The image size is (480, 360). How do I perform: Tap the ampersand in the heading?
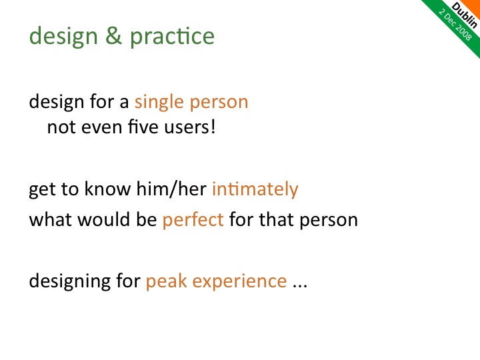(113, 35)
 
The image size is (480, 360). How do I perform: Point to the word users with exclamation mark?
(190, 127)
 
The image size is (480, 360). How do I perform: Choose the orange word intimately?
(255, 189)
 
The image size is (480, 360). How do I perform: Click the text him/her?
(171, 188)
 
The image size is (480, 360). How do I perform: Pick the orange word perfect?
(193, 219)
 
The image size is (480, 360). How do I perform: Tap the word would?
(105, 219)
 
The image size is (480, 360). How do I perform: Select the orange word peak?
(166, 281)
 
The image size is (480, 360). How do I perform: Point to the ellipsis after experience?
(300, 286)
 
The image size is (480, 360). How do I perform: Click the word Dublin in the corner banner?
(465, 15)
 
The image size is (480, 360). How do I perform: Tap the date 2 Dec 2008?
(455, 25)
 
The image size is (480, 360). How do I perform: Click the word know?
(107, 188)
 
